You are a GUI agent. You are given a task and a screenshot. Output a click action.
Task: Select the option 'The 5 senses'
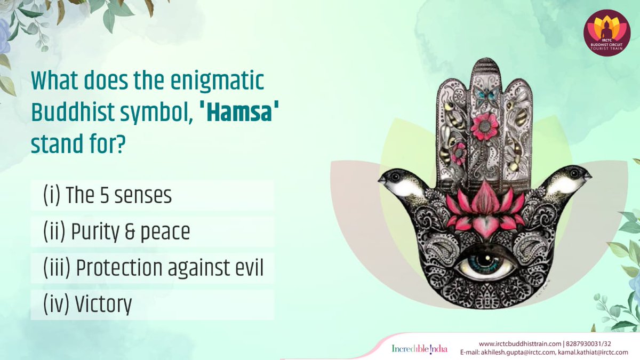point(107,196)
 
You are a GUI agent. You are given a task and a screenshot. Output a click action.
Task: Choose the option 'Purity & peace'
point(116,232)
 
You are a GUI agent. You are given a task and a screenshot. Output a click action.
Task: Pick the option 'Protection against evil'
point(153,268)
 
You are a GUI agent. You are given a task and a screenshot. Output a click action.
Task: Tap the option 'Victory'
point(87,305)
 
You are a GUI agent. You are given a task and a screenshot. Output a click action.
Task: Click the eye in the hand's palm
point(485,261)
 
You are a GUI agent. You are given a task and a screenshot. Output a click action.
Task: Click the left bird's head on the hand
point(395,178)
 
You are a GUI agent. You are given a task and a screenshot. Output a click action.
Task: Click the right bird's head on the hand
point(575,174)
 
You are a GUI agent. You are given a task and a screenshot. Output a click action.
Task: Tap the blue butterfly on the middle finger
point(486,97)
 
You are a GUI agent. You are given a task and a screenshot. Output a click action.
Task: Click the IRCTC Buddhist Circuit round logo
point(607,33)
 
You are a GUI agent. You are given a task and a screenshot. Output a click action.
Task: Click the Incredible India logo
point(419,348)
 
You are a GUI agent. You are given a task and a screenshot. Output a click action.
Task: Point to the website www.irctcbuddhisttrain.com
point(520,343)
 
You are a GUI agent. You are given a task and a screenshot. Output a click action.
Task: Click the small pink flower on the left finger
point(457,153)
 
